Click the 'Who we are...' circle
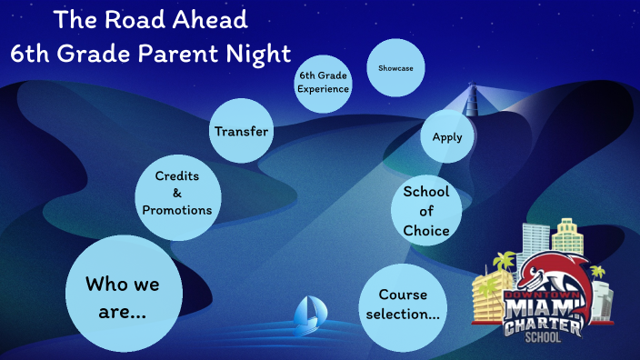point(122,296)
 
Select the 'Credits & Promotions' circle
point(177,193)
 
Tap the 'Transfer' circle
point(241,131)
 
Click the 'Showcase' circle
point(395,67)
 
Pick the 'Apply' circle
point(447,137)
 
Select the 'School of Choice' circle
point(426,211)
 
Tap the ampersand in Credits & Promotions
point(177,193)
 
